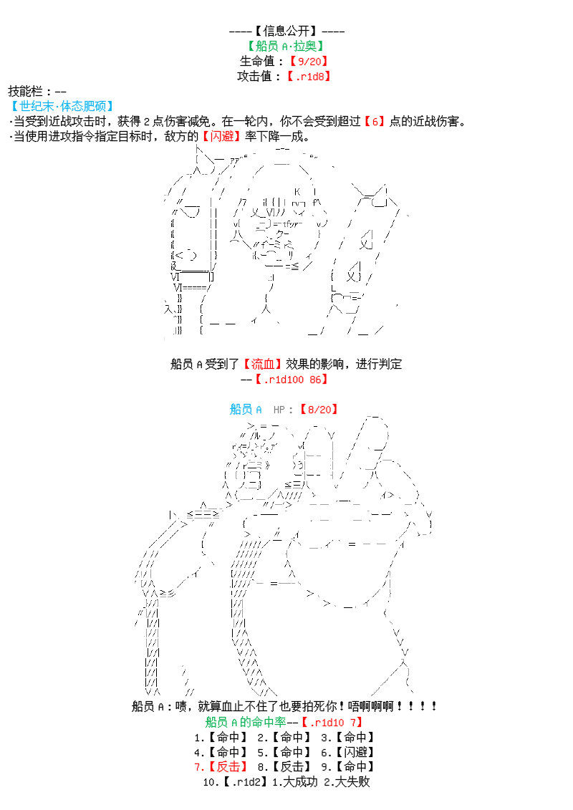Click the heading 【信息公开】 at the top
click(286, 31)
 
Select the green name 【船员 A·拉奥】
click(286, 46)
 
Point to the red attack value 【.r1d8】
click(309, 76)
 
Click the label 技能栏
click(29, 91)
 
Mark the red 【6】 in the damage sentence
click(373, 121)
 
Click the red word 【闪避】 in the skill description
click(220, 136)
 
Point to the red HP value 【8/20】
click(319, 409)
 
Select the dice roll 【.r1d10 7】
click(331, 722)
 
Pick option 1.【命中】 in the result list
click(218, 737)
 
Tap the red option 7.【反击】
click(218, 767)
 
